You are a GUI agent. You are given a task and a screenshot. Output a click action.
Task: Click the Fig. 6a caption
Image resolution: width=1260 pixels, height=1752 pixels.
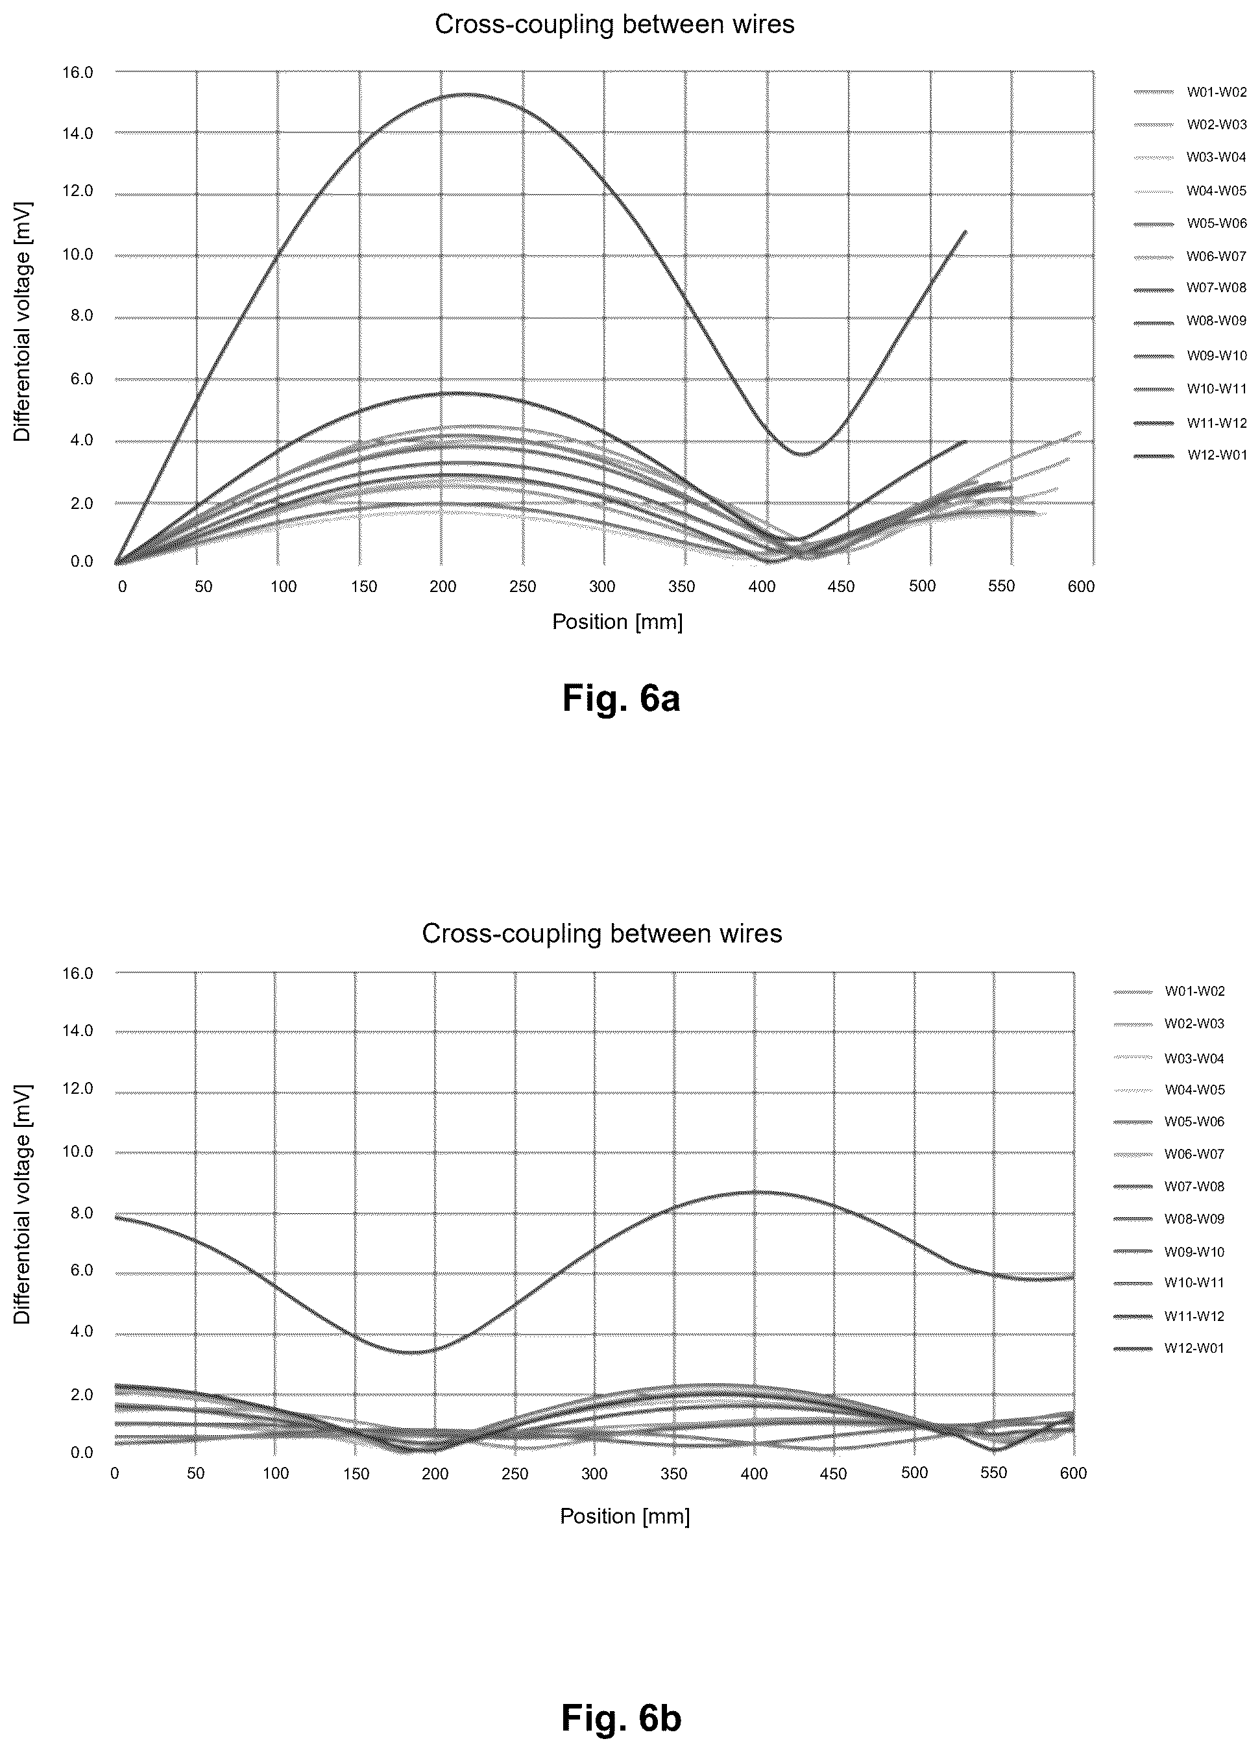(621, 698)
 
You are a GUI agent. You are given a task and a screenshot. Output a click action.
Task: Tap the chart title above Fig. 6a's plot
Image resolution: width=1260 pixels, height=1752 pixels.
(614, 25)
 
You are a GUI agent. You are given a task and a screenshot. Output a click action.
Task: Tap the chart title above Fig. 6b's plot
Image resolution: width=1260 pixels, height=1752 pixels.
(602, 934)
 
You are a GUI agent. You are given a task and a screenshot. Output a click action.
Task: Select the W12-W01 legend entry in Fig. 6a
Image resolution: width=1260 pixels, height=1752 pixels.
(1190, 456)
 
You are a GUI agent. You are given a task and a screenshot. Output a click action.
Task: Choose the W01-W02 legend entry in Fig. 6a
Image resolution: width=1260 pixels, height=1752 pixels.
(1190, 93)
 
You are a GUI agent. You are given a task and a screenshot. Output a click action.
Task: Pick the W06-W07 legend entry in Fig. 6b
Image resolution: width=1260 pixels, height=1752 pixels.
(1168, 1154)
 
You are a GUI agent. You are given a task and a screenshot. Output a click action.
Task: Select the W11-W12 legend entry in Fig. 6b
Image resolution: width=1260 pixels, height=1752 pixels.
(1168, 1316)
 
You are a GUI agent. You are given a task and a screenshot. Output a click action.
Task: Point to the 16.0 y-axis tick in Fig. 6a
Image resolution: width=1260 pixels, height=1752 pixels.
(77, 73)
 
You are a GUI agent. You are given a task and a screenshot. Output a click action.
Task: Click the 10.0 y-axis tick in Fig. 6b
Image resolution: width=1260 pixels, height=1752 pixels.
(77, 1152)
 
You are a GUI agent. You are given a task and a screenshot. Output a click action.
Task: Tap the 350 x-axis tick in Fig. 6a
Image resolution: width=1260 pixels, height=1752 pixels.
(682, 586)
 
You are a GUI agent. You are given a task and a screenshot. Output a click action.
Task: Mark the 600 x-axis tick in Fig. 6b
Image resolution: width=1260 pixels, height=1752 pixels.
(1073, 1473)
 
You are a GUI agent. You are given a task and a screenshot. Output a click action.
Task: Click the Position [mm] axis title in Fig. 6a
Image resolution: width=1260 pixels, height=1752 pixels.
(617, 622)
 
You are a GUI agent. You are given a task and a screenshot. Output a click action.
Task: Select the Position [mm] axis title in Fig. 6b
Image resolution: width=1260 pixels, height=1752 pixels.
(625, 1516)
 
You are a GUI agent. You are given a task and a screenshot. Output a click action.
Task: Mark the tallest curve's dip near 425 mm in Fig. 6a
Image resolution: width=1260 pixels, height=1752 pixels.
(803, 454)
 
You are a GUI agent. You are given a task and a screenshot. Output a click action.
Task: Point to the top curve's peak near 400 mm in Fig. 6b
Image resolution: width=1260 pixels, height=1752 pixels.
(755, 1192)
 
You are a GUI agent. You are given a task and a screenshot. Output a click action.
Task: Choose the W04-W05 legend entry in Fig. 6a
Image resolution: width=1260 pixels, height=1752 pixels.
(1190, 191)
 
